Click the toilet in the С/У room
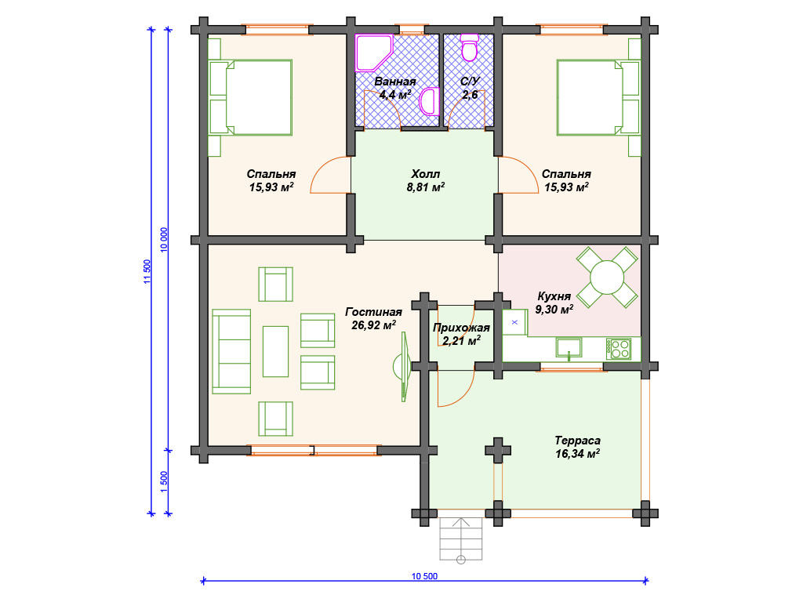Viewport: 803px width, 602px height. (x=469, y=47)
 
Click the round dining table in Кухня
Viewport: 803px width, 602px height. (x=607, y=277)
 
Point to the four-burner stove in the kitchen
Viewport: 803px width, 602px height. (x=620, y=349)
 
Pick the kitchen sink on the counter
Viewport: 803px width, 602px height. (x=569, y=347)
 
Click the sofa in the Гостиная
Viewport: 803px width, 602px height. (x=231, y=351)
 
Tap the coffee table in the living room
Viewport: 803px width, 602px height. (x=275, y=351)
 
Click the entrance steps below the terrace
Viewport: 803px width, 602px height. (x=461, y=539)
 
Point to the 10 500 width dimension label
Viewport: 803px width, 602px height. (x=424, y=576)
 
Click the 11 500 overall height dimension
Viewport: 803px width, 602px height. (x=147, y=271)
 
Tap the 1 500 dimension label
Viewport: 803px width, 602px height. (x=164, y=482)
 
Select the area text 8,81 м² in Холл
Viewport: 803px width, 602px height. (x=426, y=187)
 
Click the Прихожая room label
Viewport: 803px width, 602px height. (x=461, y=328)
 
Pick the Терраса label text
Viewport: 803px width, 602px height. (x=578, y=441)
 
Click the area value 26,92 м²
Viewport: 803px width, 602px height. (x=373, y=325)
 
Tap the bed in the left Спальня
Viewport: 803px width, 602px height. (x=250, y=97)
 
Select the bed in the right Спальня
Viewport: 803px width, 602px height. (x=598, y=97)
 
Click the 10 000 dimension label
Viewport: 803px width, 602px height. (x=164, y=240)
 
